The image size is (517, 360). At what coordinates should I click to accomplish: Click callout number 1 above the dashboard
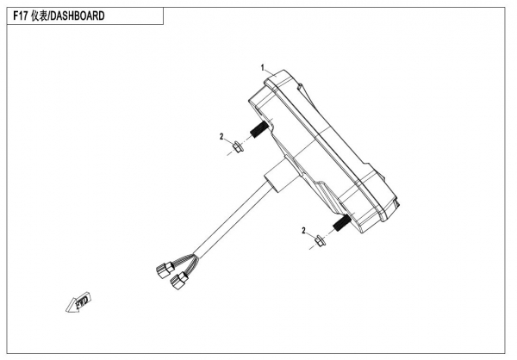(x=262, y=66)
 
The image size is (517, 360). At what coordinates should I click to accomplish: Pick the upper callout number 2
(x=221, y=136)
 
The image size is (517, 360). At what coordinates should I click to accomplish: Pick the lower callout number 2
(x=303, y=230)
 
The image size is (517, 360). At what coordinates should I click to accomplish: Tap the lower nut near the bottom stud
(x=319, y=240)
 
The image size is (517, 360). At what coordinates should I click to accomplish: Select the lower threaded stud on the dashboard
(x=339, y=224)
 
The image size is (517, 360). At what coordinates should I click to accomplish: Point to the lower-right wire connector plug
(x=180, y=280)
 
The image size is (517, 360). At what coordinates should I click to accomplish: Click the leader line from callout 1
(x=270, y=70)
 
